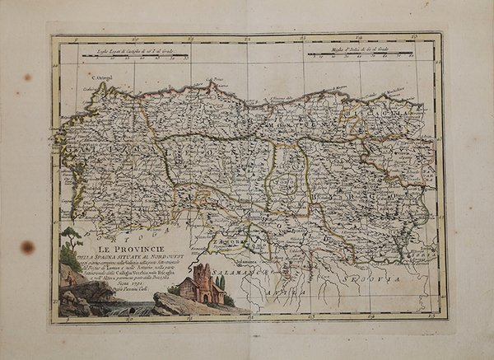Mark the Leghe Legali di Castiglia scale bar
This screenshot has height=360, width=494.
[x=140, y=58]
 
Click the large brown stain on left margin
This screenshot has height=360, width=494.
[x=28, y=246]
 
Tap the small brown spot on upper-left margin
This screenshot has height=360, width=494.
[x=27, y=77]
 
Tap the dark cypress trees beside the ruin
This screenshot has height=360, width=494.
[x=221, y=284]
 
